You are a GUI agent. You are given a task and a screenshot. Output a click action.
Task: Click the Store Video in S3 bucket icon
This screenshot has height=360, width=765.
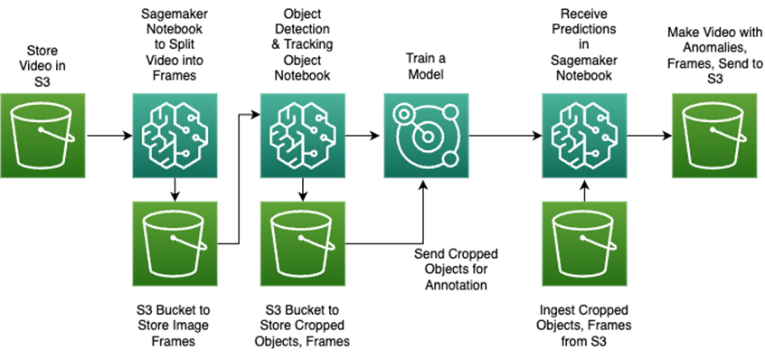point(42,137)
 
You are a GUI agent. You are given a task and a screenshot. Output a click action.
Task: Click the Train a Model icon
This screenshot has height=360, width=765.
point(422,137)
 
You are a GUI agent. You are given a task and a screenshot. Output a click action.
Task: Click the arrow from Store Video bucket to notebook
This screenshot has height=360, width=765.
point(107,137)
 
